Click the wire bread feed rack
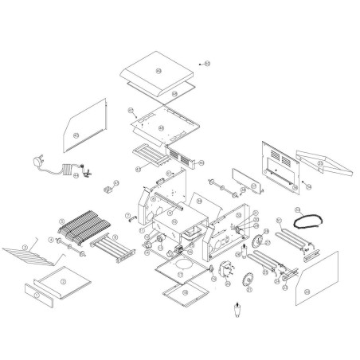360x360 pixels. [x=31, y=256]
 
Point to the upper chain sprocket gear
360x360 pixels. [x=257, y=242]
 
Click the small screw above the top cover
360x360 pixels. [x=200, y=61]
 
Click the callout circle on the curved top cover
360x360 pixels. [x=157, y=71]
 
